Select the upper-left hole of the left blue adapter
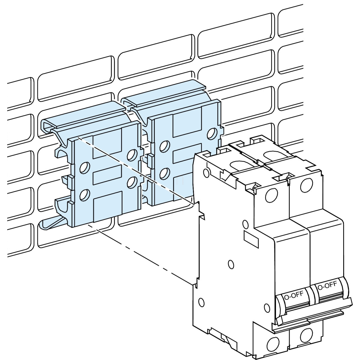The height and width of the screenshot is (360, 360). point(85,167)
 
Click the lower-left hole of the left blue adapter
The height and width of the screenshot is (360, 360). point(85,194)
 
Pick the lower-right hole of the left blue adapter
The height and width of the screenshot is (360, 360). point(132,182)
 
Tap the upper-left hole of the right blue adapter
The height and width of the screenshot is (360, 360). point(165,146)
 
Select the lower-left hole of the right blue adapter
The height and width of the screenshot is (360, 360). point(165,173)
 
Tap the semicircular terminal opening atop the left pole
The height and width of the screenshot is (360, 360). point(241,165)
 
